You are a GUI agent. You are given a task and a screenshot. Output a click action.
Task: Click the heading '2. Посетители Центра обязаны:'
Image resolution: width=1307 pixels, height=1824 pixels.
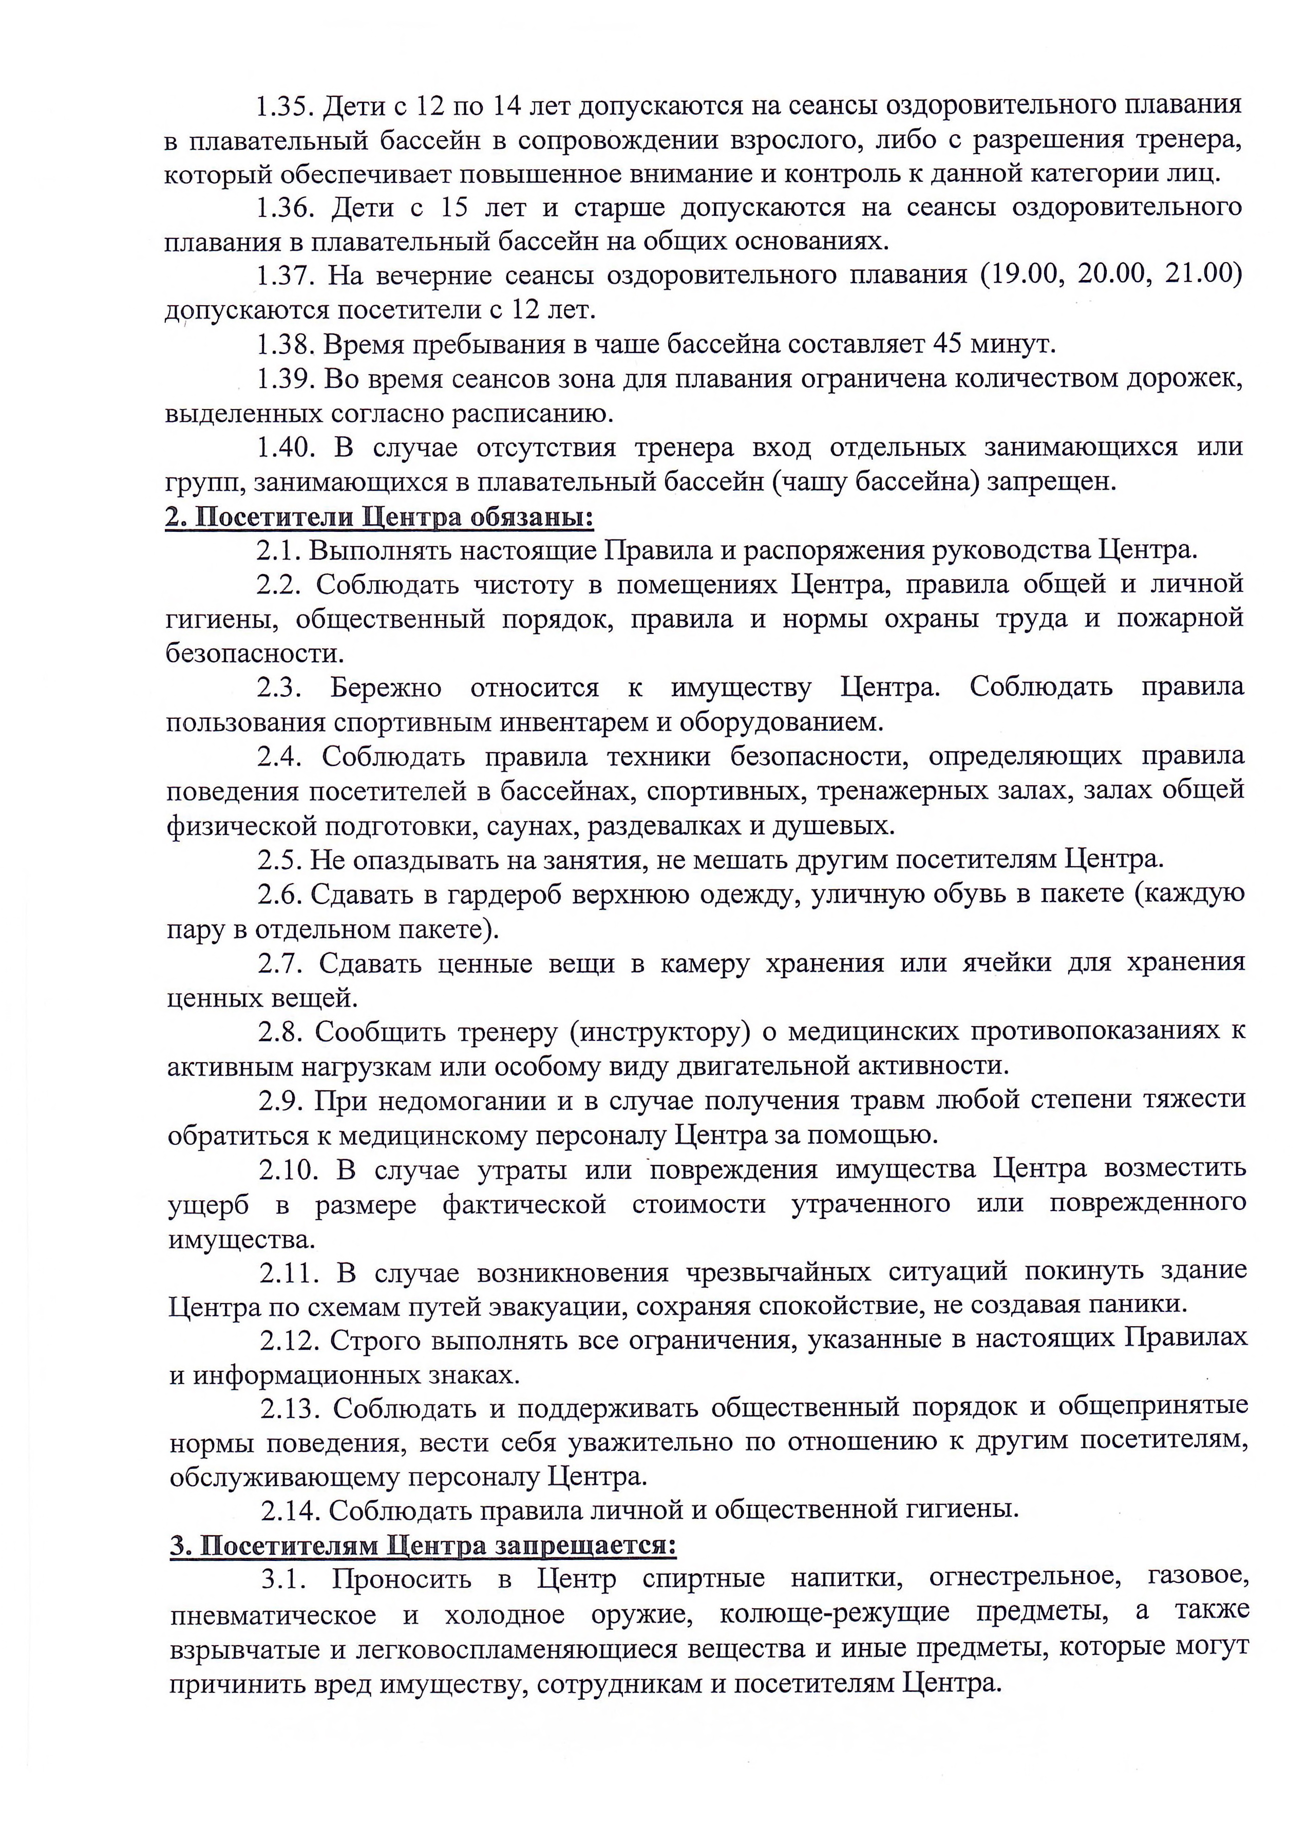[380, 516]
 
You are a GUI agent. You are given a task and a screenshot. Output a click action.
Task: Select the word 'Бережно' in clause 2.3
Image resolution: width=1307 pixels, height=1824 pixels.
[386, 687]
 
